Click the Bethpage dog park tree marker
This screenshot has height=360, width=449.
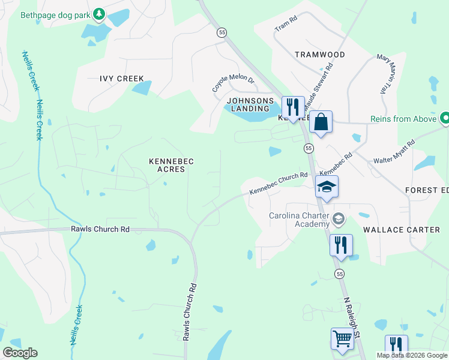[x=99, y=13]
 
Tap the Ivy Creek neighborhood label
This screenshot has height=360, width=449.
[x=122, y=79]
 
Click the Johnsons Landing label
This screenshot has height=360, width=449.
[x=250, y=104]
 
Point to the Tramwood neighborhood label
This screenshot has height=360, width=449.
[x=320, y=55]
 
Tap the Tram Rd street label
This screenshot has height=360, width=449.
[x=286, y=25]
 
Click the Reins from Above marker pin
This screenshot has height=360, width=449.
[x=445, y=119]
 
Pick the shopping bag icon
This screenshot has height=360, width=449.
[x=321, y=122]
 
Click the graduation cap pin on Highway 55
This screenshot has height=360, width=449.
[x=327, y=187]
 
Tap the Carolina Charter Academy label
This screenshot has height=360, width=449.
[x=300, y=220]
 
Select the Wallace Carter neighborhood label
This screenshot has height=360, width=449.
[x=402, y=230]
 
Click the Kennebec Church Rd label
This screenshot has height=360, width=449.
[x=278, y=183]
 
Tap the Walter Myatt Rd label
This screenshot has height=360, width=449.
[x=394, y=152]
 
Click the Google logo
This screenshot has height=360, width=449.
[x=20, y=353]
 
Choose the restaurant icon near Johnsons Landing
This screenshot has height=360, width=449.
[x=293, y=107]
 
